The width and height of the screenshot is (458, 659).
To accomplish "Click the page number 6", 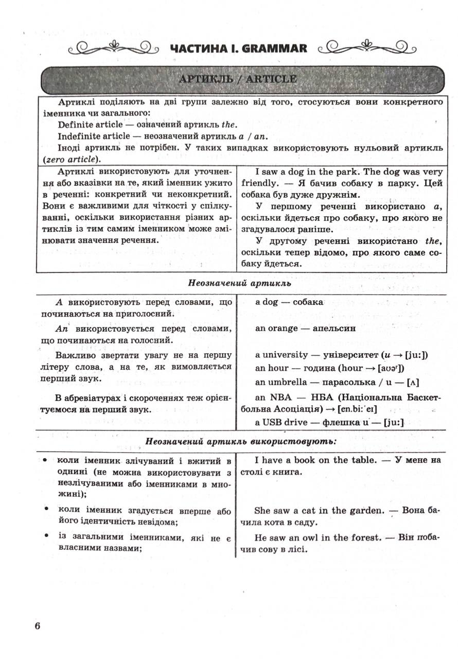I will (x=38, y=626).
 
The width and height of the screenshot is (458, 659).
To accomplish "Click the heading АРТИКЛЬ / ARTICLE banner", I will (x=237, y=79).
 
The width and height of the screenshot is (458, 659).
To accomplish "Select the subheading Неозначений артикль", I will (x=240, y=283).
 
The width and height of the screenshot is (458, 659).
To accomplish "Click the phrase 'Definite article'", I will (x=90, y=125).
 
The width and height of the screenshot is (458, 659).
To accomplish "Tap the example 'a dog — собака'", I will (x=289, y=302).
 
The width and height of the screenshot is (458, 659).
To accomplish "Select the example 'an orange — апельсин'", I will (x=305, y=328).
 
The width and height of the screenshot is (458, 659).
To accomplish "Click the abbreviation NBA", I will (x=281, y=398).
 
